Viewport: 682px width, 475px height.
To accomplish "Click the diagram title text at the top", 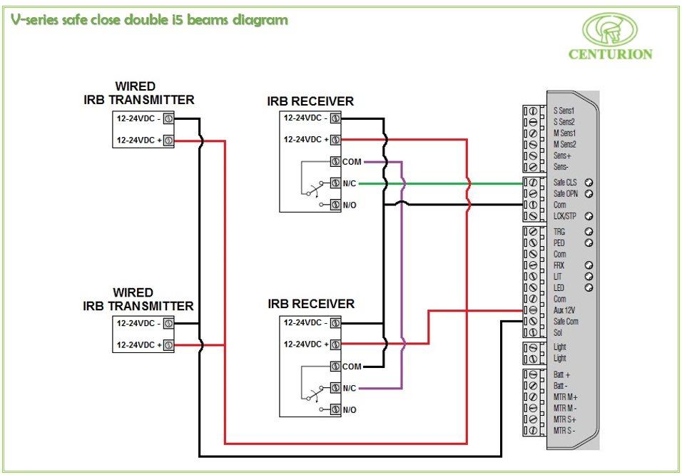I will click(150, 20).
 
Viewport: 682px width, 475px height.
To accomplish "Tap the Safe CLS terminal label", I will click(565, 183).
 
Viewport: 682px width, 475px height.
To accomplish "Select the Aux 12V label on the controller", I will click(566, 310).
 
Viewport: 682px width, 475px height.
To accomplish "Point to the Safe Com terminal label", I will click(566, 322).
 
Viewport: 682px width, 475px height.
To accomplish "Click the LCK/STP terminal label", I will click(565, 215).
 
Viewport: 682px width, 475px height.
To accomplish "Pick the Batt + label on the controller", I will click(561, 374).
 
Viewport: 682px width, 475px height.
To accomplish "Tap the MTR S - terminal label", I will click(564, 430).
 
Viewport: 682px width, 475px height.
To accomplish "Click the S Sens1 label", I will click(564, 111).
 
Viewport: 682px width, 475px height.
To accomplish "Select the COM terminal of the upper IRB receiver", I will click(335, 162).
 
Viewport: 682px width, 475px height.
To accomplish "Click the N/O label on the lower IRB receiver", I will click(350, 410).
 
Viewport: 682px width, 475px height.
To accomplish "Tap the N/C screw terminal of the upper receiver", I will click(335, 183).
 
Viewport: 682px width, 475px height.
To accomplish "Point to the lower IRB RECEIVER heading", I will click(311, 304).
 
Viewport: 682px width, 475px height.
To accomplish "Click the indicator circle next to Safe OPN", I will click(589, 193).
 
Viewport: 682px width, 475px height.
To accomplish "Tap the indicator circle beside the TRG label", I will click(589, 232).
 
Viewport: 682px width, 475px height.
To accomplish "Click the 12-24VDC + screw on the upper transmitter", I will click(168, 141).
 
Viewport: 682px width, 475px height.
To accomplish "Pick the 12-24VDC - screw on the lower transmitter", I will click(168, 323).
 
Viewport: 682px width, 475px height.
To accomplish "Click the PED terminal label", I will click(559, 242).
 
